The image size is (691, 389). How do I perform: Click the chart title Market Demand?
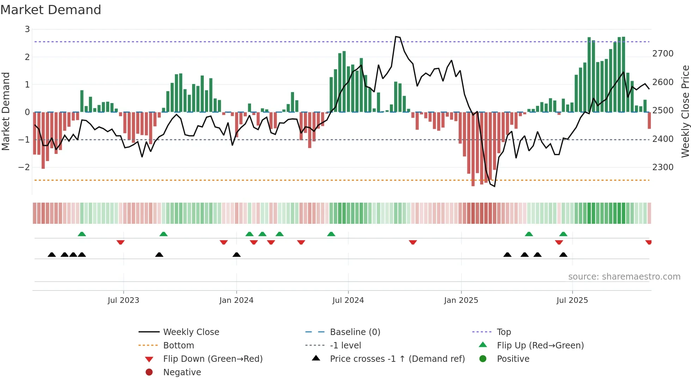pyautogui.click(x=51, y=10)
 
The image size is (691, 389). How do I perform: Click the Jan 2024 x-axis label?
pyautogui.click(x=236, y=300)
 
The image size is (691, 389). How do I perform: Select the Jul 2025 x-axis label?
pyautogui.click(x=572, y=300)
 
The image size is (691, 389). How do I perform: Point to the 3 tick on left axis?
pyautogui.click(x=27, y=29)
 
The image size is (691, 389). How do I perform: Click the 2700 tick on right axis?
pyautogui.click(x=663, y=54)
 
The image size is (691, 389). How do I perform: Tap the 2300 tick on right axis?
pyautogui.click(x=663, y=167)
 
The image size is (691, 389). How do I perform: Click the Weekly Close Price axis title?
pyautogui.click(x=685, y=111)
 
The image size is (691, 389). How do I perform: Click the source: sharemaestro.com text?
pyautogui.click(x=624, y=276)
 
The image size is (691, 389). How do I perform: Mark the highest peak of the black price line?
pyautogui.click(x=396, y=36)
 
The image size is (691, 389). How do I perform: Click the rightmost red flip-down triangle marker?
pyautogui.click(x=648, y=242)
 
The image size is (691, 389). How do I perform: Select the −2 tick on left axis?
pyautogui.click(x=24, y=167)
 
